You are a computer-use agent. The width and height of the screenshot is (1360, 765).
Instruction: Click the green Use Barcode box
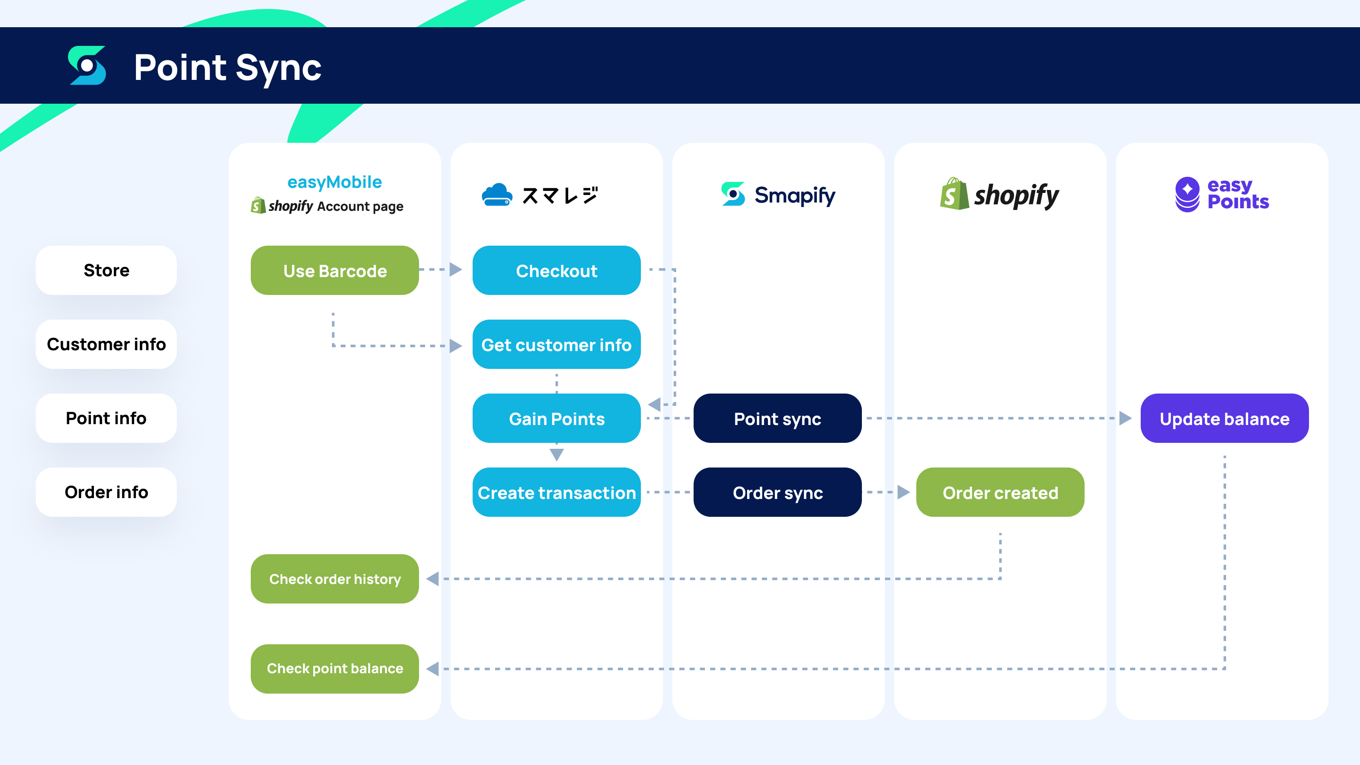335,270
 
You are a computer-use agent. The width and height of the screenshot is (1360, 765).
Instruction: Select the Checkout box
556,270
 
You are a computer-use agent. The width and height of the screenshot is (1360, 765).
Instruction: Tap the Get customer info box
556,344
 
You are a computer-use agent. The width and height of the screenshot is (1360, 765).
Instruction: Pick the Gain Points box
556,418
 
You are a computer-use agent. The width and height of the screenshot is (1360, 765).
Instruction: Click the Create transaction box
556,492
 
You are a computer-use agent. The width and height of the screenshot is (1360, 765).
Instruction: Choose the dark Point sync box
777,418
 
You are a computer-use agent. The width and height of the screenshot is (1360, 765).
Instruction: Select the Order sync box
777,492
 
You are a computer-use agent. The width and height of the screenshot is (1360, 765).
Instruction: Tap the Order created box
1000,492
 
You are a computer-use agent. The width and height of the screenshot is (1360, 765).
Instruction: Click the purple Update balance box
1224,418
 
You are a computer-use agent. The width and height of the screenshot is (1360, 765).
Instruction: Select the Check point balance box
335,669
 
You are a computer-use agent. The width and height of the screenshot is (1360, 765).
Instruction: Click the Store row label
106,270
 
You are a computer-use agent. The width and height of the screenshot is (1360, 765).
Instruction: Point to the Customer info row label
106,344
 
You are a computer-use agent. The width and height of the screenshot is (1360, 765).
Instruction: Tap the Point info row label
106,418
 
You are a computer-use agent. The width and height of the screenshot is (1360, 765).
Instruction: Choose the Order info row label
106,492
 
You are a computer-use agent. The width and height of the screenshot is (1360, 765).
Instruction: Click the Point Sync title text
227,67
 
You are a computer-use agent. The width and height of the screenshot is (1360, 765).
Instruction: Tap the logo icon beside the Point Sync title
87,65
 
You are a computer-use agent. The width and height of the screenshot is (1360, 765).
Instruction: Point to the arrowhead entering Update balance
1125,418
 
